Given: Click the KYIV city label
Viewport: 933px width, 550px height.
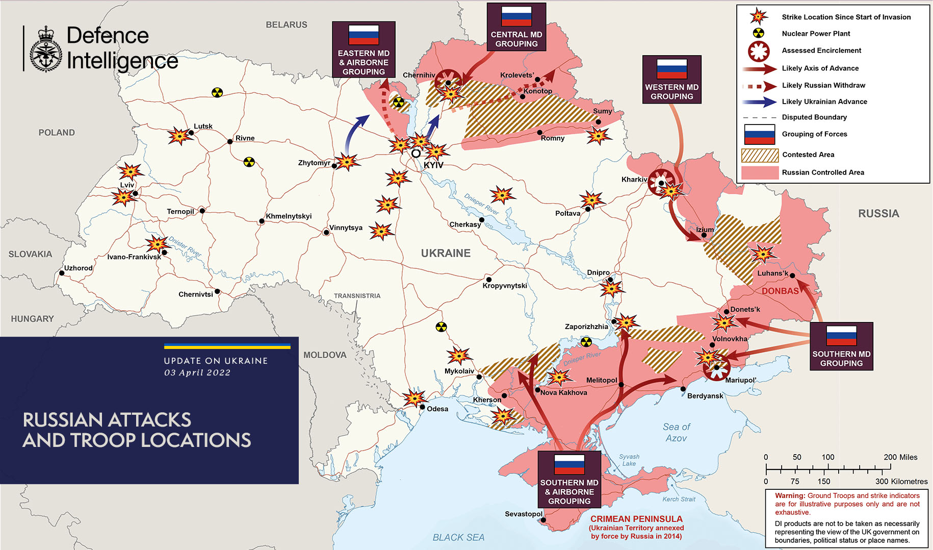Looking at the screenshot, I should coord(433,165).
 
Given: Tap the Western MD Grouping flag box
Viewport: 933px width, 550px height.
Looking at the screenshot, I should coord(671,80).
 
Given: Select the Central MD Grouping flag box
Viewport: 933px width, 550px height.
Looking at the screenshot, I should coord(516,27).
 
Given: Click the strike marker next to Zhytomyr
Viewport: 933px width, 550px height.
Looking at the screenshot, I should coord(347,162).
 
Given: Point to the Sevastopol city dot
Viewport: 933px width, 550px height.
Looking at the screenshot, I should coord(543,520).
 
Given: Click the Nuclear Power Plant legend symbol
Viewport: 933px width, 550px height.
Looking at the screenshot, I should coord(759,34).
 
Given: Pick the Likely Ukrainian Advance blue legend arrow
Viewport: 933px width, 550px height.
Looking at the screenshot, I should coord(759,102).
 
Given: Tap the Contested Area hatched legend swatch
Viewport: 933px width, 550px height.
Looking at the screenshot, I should coord(760,155).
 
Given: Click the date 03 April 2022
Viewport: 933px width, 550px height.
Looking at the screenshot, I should coord(197,373).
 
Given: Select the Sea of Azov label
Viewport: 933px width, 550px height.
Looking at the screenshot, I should coord(676,432).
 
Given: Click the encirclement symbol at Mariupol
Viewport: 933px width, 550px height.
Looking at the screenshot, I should coord(716,367).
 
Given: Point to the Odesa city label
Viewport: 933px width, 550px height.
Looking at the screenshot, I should coord(437,409).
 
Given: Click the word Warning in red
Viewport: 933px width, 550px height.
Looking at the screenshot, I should coord(790,496).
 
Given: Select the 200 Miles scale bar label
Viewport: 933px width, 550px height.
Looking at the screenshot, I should coord(900,457).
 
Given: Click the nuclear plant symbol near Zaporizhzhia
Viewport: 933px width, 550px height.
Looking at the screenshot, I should coord(586,341).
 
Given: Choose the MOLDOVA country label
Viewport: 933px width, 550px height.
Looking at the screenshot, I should coord(325,355).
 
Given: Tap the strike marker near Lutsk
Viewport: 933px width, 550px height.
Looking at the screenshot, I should coord(179,136).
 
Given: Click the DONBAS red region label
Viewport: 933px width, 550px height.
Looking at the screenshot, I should coord(780,291).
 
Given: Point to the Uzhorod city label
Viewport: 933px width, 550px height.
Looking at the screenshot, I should coord(78,268).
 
